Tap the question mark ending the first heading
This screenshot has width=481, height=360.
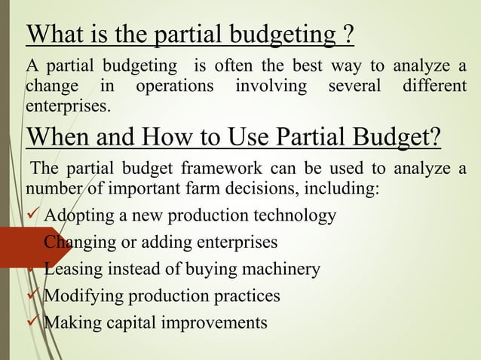pos(348,34)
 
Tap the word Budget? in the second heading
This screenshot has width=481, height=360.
pos(396,139)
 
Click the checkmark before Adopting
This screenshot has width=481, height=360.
pos(35,216)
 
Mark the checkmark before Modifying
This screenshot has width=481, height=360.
pos(35,295)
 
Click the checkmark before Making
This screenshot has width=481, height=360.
pos(35,322)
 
